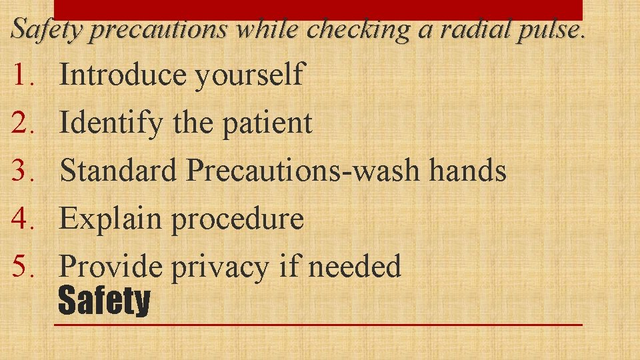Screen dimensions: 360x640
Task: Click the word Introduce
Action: [x=123, y=75]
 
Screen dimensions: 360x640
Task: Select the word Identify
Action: [x=111, y=123]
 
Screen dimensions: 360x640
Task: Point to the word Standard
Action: [x=119, y=171]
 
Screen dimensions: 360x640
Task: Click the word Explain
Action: [x=111, y=219]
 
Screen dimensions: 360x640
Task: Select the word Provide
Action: [x=111, y=267]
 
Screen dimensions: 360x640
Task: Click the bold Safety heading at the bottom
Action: [x=104, y=301]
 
